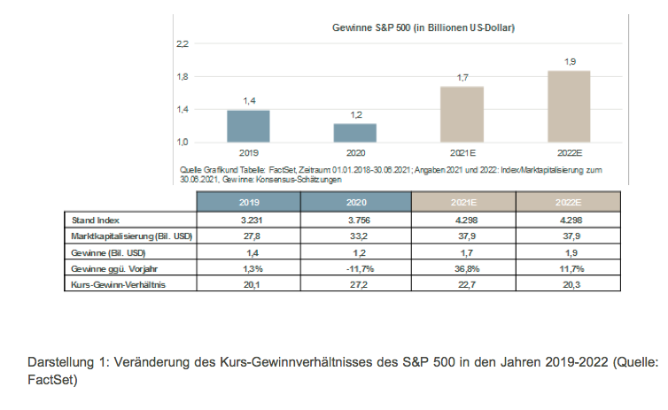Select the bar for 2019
pos(248,126)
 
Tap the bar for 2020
pos(355,133)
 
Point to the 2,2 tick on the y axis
pos(183,43)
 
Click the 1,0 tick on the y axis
pos(183,142)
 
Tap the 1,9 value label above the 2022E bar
pos(569,61)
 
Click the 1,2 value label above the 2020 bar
pos(355,115)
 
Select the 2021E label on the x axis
pos(462,152)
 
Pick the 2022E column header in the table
pos(569,203)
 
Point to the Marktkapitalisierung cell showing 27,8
pos(249,235)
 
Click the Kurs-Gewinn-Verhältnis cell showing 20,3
pos(569,285)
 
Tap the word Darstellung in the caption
pos(57,363)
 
